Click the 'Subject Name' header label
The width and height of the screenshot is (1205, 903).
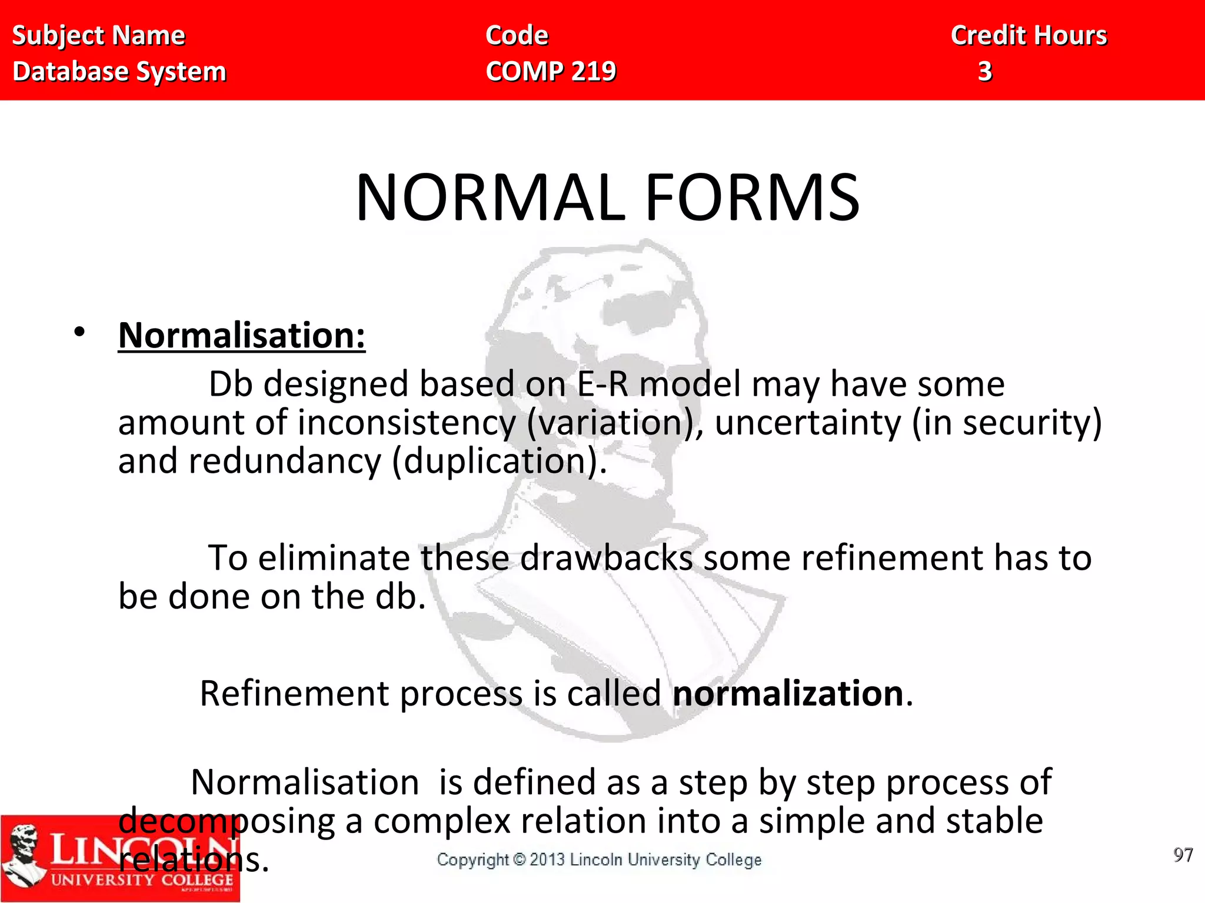98,35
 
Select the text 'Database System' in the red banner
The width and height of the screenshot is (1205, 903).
119,72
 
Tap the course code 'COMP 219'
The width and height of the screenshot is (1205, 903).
551,72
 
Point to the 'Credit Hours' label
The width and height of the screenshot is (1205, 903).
1029,35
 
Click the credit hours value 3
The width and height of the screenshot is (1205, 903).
985,72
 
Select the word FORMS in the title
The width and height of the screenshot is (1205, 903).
753,198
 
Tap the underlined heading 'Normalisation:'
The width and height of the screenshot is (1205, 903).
242,336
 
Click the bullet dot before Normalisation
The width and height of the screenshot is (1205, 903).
79,332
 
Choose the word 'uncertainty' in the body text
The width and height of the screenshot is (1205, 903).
807,423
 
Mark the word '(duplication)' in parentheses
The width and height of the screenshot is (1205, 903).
499,461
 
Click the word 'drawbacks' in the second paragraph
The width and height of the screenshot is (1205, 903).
606,558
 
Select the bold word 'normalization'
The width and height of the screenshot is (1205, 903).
788,693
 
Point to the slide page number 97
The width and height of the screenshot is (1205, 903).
1183,855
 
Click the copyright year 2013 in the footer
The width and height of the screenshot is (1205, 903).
547,860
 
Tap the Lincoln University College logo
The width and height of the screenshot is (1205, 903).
120,859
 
